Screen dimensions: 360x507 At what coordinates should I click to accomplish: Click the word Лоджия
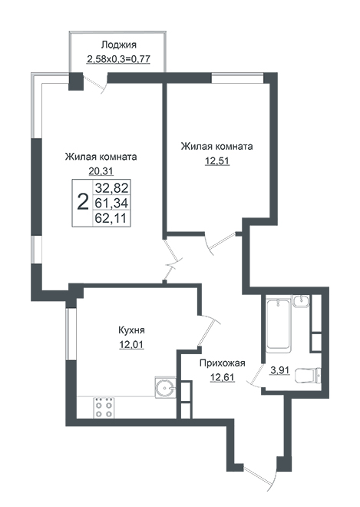(119, 45)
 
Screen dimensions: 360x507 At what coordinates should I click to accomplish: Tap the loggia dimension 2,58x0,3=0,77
(119, 59)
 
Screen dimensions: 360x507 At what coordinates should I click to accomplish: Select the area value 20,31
(101, 171)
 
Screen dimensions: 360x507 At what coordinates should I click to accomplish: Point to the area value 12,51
(217, 161)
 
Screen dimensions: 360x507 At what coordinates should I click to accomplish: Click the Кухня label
(131, 330)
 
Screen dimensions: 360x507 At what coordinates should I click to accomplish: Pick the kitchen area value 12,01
(131, 345)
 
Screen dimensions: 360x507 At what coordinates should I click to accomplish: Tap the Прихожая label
(223, 363)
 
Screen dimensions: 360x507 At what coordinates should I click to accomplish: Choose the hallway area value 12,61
(223, 377)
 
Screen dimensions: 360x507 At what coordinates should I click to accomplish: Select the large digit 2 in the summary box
(83, 202)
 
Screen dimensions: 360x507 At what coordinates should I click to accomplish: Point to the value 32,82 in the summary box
(111, 187)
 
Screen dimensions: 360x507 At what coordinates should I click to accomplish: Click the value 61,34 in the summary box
(111, 203)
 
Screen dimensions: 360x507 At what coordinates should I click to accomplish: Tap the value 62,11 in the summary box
(111, 219)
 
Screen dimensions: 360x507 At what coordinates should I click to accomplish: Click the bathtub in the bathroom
(278, 324)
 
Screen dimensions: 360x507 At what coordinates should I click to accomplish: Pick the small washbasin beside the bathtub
(302, 301)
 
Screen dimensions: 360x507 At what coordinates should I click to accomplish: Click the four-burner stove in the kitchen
(104, 407)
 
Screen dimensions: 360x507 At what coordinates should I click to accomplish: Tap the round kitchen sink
(166, 387)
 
